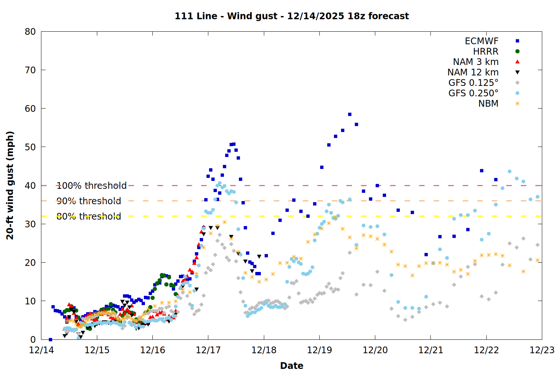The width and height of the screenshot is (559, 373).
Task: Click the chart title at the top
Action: [x=292, y=16]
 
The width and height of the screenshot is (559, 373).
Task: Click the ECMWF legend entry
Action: [x=481, y=41]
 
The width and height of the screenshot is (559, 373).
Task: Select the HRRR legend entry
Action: [x=486, y=51]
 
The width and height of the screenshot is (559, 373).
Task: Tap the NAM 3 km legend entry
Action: [x=476, y=62]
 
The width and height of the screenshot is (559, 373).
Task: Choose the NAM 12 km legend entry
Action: [x=473, y=72]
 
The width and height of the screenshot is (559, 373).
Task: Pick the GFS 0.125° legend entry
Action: [x=473, y=83]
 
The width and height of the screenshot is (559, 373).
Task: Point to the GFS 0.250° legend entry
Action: [x=473, y=93]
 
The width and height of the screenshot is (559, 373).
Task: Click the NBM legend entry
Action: [x=488, y=104]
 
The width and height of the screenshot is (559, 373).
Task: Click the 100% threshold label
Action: [x=91, y=185]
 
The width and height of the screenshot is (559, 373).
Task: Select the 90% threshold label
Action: [x=89, y=201]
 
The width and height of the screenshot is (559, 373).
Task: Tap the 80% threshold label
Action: [x=89, y=216]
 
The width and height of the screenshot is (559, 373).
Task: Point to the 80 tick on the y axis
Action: [x=30, y=32]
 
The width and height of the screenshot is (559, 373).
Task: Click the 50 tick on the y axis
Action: [x=30, y=147]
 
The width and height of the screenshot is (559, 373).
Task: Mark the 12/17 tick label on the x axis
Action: [x=208, y=350]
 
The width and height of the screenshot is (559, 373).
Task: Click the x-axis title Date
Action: [x=292, y=366]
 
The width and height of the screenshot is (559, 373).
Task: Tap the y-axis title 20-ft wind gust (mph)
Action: [x=10, y=185]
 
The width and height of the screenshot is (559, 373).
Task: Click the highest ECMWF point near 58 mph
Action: [x=350, y=115]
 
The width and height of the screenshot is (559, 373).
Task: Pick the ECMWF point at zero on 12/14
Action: [x=50, y=339]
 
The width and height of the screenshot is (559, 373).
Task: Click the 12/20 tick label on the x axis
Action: [x=375, y=350]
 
